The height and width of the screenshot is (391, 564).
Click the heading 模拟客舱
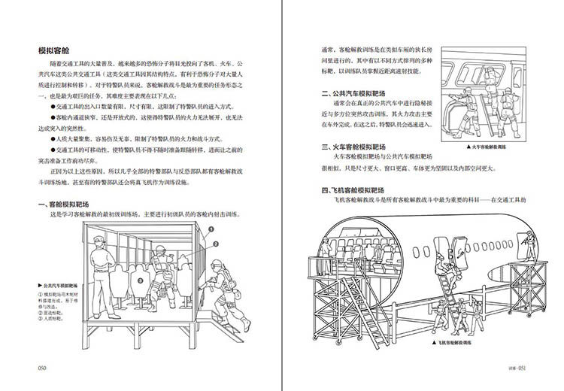pos(57,51)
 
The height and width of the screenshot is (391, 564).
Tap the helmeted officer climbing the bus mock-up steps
pos(226,297)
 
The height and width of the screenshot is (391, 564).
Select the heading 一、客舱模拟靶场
pos(69,204)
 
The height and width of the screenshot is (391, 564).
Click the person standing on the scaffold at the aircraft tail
pos(532,247)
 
